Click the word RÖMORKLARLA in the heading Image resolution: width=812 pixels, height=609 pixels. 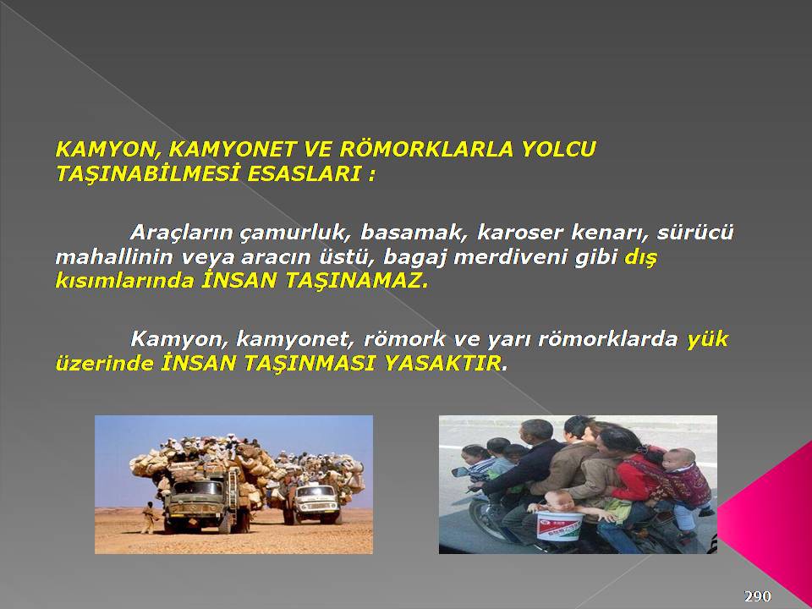(x=425, y=149)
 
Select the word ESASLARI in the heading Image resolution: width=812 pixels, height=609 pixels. (x=304, y=174)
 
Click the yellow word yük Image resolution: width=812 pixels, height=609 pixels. (x=707, y=340)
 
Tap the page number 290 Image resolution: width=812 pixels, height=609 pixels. (x=758, y=596)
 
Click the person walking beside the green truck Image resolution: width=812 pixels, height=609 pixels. (x=148, y=517)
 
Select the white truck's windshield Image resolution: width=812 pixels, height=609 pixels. (x=316, y=491)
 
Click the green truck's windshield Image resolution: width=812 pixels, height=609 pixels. (x=198, y=488)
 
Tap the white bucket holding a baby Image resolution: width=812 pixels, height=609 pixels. (x=559, y=525)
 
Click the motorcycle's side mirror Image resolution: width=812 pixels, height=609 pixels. (x=460, y=472)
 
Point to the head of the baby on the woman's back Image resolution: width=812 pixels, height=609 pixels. (x=680, y=458)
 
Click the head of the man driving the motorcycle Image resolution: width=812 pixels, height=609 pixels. (x=537, y=431)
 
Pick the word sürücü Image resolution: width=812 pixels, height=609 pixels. (x=695, y=233)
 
